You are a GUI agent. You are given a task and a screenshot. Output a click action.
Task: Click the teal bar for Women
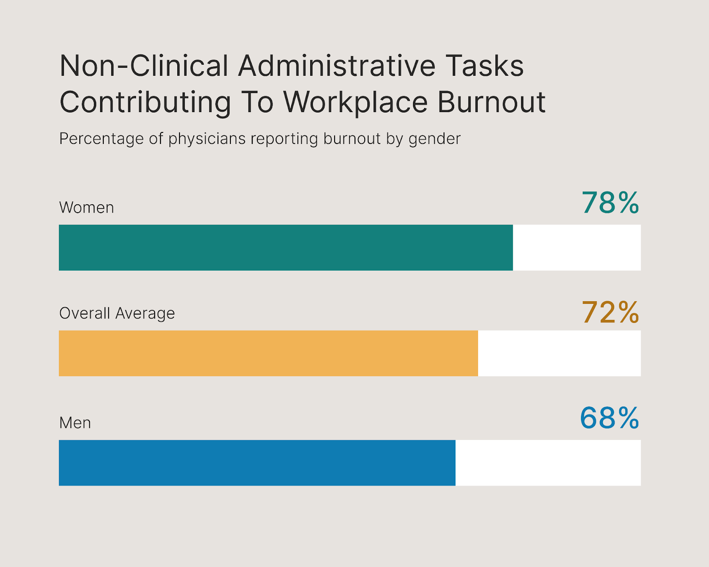click(x=286, y=248)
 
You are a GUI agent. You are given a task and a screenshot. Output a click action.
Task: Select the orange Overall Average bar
click(x=269, y=353)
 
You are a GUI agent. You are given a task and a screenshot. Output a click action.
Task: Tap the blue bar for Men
click(x=257, y=463)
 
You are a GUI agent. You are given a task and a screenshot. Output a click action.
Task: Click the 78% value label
click(x=610, y=203)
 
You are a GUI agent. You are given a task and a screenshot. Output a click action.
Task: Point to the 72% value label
click(x=610, y=312)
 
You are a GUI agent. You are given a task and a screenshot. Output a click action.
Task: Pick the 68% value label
click(x=609, y=418)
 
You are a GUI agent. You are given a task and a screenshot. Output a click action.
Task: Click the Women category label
click(x=86, y=207)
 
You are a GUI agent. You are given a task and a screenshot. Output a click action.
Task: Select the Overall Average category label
click(x=117, y=313)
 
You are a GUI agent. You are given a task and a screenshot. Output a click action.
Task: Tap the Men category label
click(x=75, y=423)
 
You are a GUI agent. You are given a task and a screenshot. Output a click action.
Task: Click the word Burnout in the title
click(x=491, y=102)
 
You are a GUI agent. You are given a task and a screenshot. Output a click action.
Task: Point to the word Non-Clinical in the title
click(x=144, y=66)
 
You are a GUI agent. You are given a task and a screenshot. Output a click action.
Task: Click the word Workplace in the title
click(x=355, y=102)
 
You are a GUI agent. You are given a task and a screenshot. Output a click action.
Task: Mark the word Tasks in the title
click(x=484, y=66)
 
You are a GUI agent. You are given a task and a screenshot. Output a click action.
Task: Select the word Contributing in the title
click(x=145, y=102)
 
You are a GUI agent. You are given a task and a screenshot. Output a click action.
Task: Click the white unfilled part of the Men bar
click(x=548, y=463)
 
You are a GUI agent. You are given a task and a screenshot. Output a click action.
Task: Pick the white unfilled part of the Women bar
click(x=577, y=248)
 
